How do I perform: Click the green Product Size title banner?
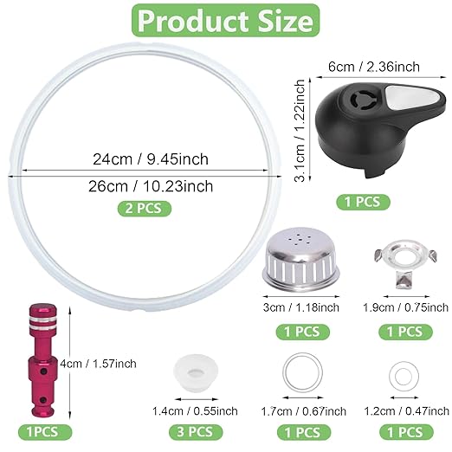pyautogui.click(x=226, y=21)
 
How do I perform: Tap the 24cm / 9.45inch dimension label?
pyautogui.click(x=151, y=159)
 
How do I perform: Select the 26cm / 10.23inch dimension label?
pyautogui.click(x=151, y=186)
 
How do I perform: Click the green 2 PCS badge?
pyautogui.click(x=145, y=208)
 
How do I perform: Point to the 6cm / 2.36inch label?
pyautogui.click(x=374, y=67)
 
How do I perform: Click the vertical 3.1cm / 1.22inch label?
pyautogui.click(x=300, y=131)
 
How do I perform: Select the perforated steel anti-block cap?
pyautogui.click(x=300, y=259)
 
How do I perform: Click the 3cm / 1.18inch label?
pyautogui.click(x=300, y=307)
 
